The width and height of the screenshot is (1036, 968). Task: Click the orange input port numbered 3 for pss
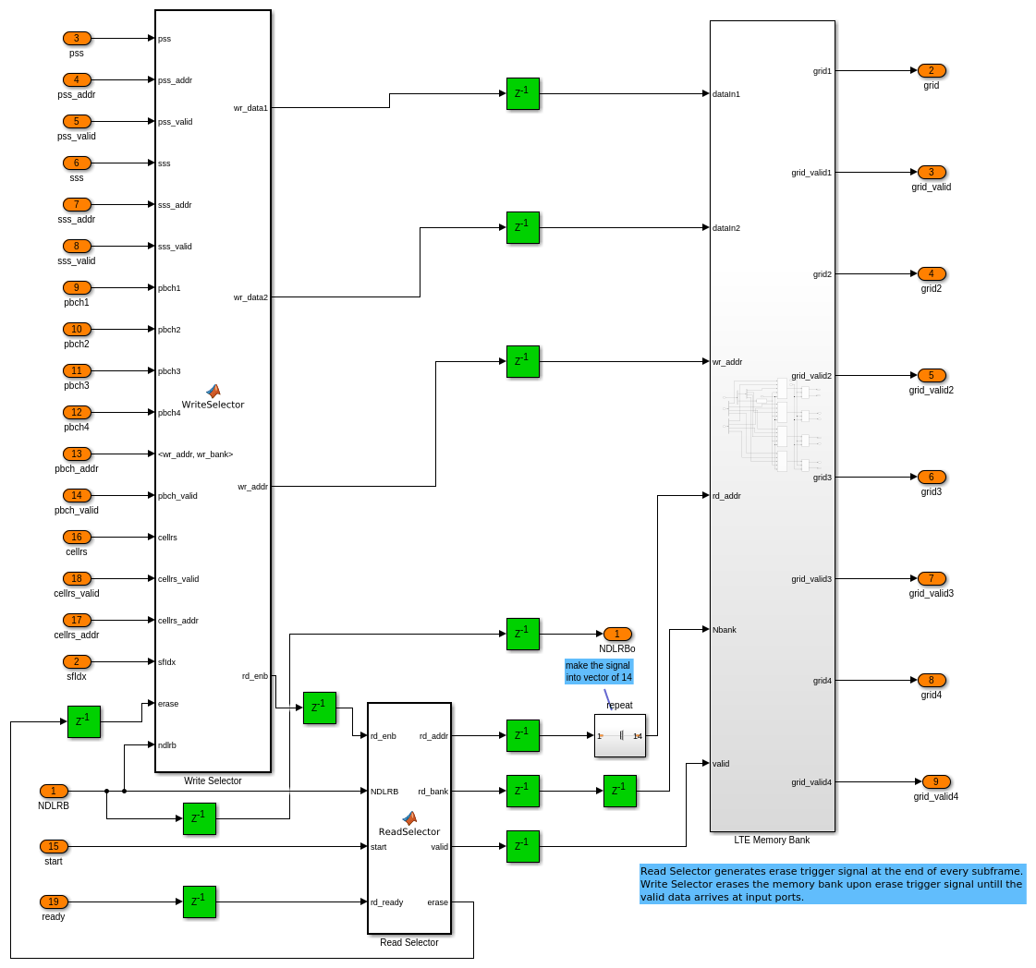point(77,38)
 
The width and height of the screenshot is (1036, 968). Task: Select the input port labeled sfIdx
point(77,661)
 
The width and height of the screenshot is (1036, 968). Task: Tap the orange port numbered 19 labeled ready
point(54,901)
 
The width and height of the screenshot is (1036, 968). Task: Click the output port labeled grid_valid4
point(936,781)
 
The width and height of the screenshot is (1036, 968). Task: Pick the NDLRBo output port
point(617,634)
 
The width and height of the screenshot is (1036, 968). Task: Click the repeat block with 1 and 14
point(619,735)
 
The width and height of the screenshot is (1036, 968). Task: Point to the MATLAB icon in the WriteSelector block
point(213,391)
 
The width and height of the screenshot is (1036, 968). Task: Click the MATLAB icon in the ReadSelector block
point(409,817)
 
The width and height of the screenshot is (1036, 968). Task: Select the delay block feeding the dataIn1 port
point(522,93)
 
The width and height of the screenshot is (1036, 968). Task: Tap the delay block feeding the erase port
point(83,721)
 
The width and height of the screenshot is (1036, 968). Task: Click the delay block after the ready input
point(199,901)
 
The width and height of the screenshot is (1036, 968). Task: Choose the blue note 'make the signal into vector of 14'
point(599,672)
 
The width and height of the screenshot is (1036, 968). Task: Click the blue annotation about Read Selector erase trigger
point(832,884)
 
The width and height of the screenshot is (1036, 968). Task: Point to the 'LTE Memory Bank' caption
point(772,840)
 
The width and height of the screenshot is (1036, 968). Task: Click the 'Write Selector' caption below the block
point(213,780)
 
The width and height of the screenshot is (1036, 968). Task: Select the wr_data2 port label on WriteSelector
point(250,297)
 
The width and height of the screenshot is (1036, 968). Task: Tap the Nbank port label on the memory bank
point(725,630)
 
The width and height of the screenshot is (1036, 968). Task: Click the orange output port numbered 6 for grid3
point(932,477)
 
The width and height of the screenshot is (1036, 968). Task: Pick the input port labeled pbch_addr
point(77,454)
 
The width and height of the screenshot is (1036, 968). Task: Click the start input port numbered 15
point(54,846)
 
